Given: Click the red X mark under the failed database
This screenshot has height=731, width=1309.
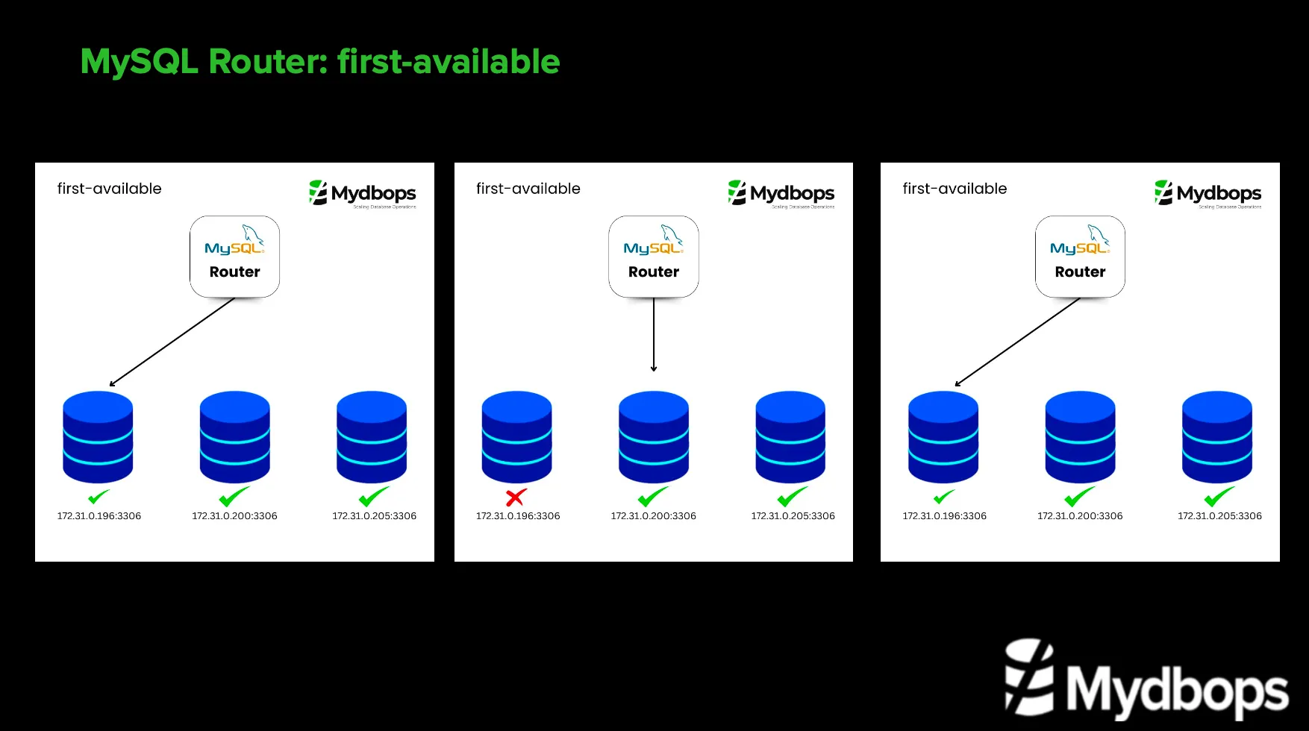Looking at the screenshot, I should (x=516, y=497).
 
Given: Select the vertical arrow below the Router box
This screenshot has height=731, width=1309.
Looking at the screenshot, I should (x=654, y=334).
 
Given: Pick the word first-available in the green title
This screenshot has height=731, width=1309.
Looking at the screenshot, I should (x=449, y=61).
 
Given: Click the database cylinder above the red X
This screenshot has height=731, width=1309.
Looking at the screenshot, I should (x=516, y=437).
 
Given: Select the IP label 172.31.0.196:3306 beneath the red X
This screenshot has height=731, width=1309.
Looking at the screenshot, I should (x=518, y=516).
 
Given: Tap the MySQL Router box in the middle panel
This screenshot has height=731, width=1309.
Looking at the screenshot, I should (x=654, y=257).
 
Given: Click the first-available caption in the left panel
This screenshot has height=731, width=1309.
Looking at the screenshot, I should (x=110, y=189).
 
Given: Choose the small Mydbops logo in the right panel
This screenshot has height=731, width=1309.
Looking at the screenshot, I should (x=1208, y=193).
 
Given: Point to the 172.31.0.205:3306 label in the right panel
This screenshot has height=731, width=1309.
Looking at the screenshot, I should (x=1219, y=516).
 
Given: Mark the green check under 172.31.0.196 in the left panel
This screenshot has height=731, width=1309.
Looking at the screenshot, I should (x=99, y=497).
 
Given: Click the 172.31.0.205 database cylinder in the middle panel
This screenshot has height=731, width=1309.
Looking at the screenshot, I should (x=790, y=437).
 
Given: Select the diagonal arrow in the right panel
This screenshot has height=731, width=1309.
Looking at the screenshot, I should (x=1018, y=342).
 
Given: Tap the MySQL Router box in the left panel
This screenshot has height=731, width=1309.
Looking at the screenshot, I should (x=234, y=257).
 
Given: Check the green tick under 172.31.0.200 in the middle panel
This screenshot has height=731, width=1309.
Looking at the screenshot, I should (x=653, y=497).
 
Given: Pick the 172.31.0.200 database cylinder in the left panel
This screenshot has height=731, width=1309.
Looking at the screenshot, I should (x=234, y=437).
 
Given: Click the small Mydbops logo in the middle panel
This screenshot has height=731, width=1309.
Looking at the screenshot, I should (x=781, y=193).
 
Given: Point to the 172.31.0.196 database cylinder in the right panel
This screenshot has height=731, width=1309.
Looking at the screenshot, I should (x=943, y=437).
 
